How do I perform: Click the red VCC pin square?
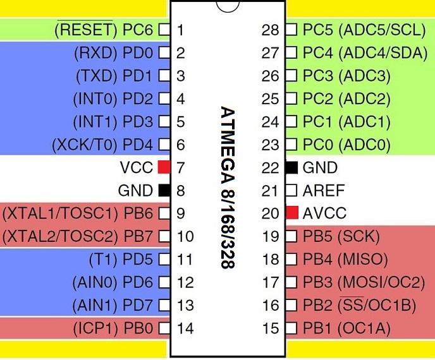coord(164,167)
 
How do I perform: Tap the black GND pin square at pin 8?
coord(164,191)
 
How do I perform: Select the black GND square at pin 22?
coord(291,167)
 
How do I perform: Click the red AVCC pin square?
coord(291,213)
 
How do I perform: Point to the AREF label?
coord(324,190)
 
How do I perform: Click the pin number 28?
coord(271,30)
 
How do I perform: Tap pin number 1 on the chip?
coord(181,30)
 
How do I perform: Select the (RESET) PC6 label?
coord(104,30)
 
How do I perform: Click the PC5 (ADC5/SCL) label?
coord(360,30)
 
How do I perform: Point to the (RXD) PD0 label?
coord(113,53)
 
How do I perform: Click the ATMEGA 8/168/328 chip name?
coord(227,188)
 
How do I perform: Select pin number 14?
coord(185,328)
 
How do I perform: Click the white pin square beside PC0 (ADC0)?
coord(291,145)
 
